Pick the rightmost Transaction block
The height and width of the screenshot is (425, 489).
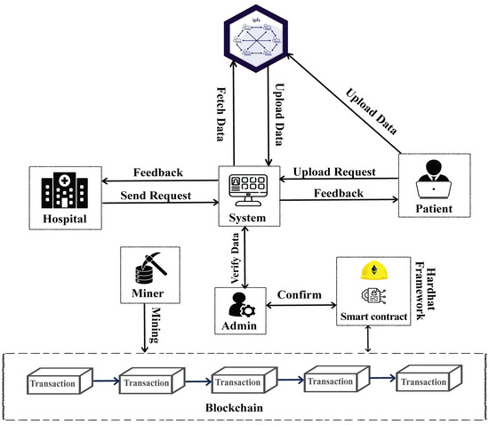pos(425,381)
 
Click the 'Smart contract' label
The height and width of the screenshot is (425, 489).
pos(373,315)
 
